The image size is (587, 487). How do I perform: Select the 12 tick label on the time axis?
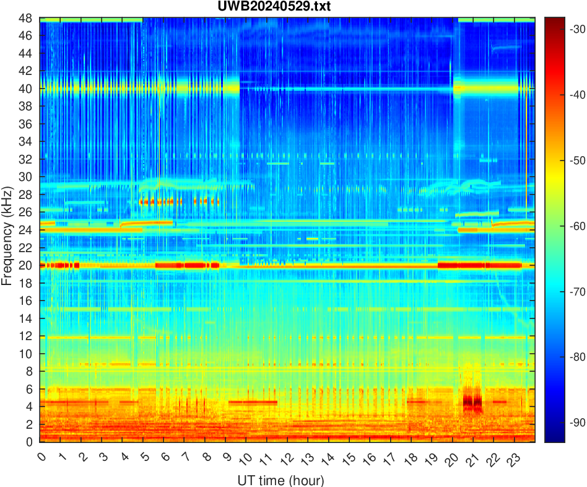coord(284,459)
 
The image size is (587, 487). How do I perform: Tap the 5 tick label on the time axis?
coord(142,458)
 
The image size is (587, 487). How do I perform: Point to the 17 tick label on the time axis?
coord(387,459)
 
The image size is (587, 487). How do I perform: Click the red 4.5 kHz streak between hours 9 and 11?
coord(253,402)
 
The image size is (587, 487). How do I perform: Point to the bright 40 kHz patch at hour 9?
coord(232,88)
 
